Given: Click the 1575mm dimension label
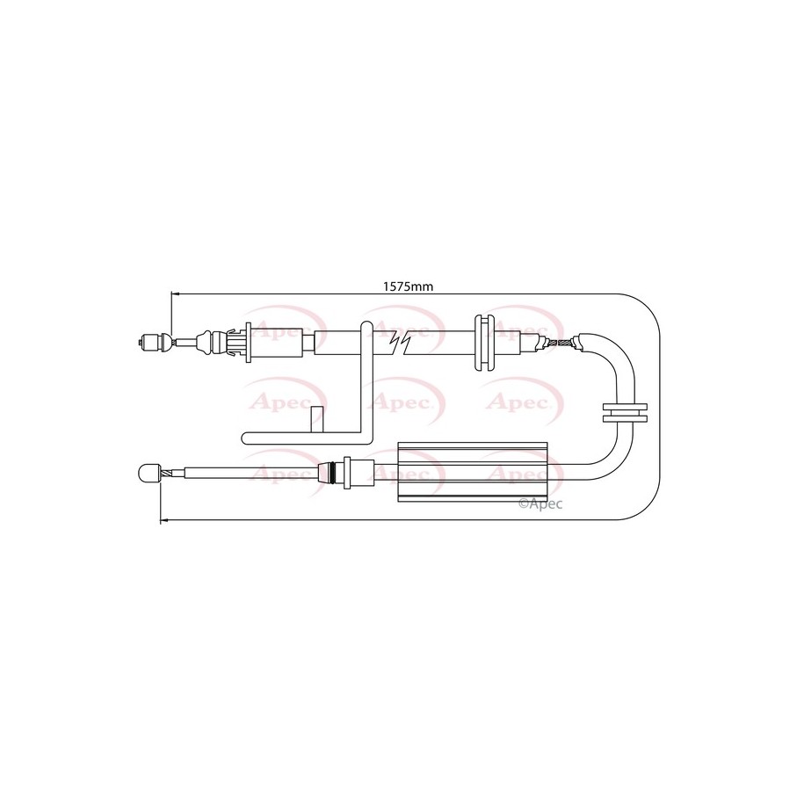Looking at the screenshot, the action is (409, 286).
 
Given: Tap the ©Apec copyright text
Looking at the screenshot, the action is (540, 504).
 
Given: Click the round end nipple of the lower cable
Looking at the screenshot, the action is (146, 473).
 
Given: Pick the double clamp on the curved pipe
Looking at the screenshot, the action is (624, 413).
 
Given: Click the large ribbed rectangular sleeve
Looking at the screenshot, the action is (473, 471).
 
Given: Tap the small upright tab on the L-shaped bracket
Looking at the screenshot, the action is (318, 420).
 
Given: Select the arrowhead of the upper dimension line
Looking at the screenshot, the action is (175, 294).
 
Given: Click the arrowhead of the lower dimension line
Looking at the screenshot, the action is (164, 520).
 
